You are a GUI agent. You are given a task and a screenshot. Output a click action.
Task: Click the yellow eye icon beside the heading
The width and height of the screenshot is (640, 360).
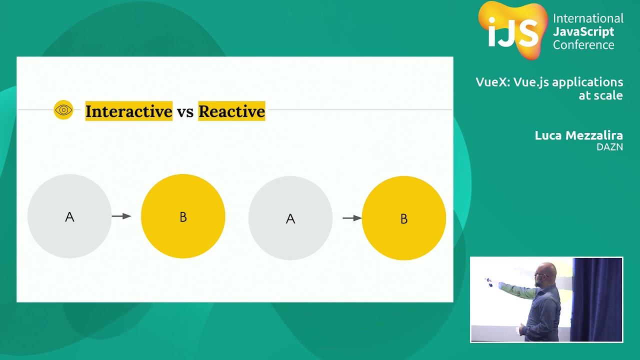[63, 109]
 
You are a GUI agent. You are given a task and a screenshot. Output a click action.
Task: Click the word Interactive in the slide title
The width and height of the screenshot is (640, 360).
[129, 111]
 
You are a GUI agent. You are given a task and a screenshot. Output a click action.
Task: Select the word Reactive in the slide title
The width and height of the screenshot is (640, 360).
[231, 111]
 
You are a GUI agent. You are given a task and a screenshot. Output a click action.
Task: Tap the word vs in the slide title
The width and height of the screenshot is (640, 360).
[185, 112]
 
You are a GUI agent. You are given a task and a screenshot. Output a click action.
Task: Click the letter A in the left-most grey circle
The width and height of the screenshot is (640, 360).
[69, 217]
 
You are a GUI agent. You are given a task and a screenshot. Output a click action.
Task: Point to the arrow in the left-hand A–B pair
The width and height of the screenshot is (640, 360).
[121, 216]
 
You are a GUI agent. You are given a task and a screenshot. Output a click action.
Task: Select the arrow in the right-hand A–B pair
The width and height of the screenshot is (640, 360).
[352, 218]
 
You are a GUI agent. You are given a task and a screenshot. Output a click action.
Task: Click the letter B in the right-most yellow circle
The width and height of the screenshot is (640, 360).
[404, 219]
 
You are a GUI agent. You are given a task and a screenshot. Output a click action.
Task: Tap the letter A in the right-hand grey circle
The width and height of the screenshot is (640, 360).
[290, 219]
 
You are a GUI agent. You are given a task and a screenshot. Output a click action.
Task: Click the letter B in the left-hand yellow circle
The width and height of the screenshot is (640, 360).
[183, 217]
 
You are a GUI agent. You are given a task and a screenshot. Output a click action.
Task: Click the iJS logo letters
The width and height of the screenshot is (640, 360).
[513, 32]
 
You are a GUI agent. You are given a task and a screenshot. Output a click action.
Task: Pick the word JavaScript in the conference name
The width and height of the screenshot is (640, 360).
[583, 31]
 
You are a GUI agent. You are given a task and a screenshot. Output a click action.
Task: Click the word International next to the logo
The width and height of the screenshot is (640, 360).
[588, 18]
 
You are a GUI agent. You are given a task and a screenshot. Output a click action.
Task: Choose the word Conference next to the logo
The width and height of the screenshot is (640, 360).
[583, 45]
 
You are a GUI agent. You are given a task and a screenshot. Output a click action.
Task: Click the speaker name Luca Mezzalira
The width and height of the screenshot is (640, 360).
[578, 135]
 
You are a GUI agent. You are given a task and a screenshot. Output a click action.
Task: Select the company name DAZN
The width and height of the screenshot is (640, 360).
[609, 147]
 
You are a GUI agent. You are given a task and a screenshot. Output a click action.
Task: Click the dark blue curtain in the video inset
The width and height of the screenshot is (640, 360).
[597, 299]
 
